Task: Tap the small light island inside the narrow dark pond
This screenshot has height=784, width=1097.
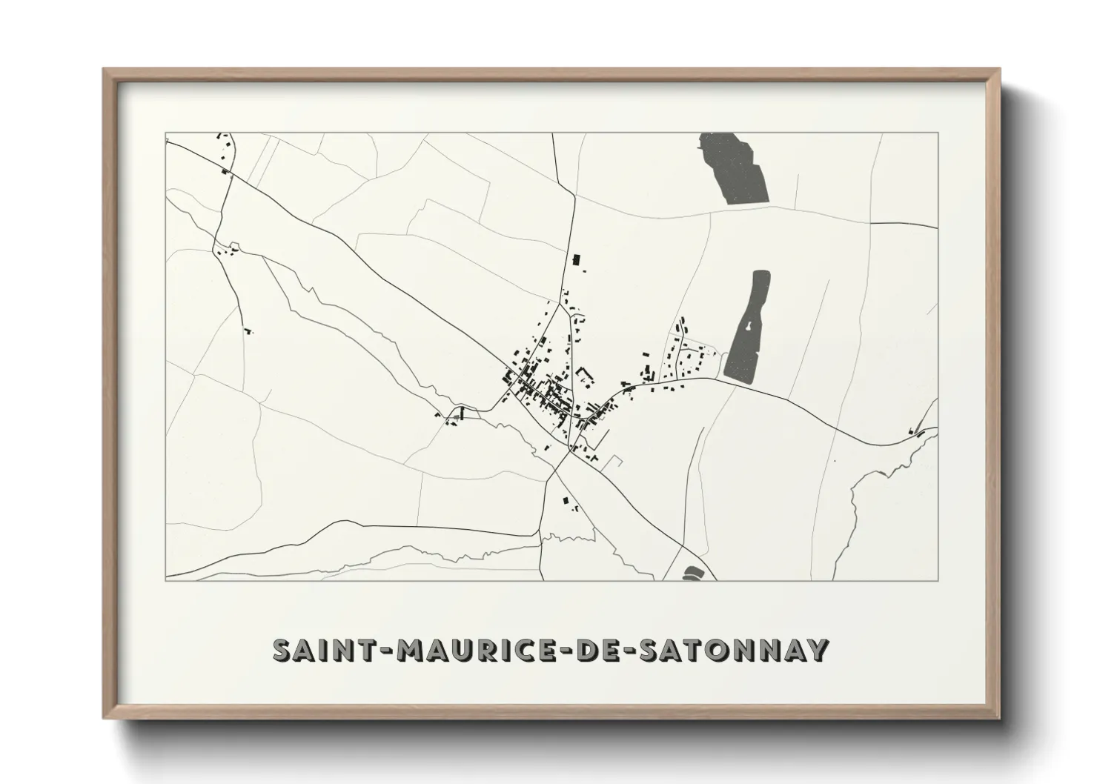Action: [751, 325]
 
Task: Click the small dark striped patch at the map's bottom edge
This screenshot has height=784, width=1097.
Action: [691, 573]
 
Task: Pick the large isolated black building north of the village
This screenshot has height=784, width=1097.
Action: [575, 260]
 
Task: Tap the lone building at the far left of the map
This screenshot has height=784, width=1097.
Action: [248, 330]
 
